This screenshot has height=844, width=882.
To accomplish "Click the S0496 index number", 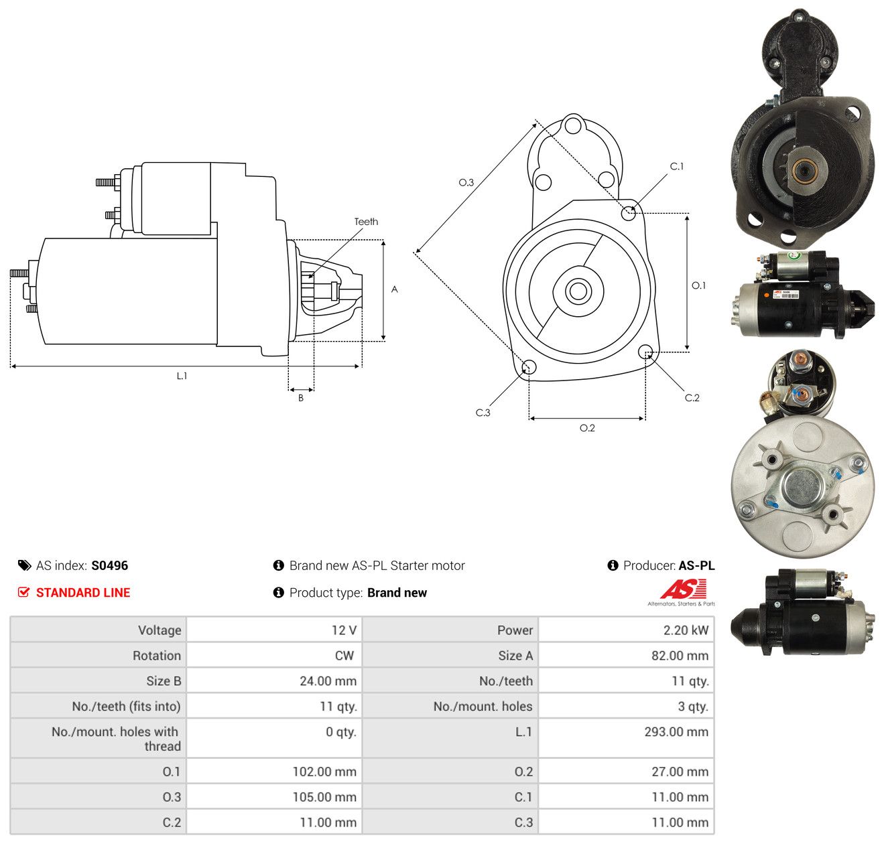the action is coord(109,565).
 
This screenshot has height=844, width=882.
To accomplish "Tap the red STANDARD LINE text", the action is coord(83,592).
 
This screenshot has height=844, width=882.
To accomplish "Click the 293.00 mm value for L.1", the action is coord(676,731).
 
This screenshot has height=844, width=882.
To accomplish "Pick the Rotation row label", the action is coord(156,655).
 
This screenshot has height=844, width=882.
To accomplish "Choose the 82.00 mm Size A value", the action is coord(680,655).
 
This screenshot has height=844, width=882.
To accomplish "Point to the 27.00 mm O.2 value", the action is coord(680,771).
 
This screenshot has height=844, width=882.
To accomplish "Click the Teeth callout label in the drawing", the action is coord(366,222).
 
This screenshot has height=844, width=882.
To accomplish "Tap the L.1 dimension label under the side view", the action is coord(182,376).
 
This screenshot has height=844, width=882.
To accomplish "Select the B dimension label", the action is coord(300,398).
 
